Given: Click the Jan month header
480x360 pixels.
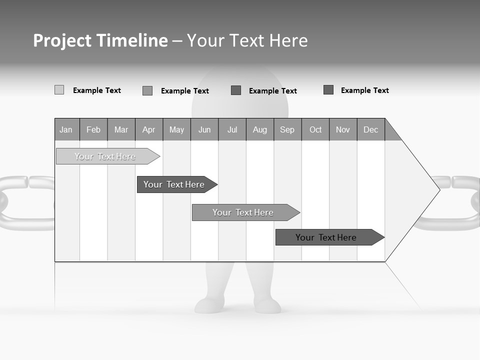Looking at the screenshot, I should tap(66, 129).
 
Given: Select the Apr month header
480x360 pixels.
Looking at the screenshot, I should tap(149, 129).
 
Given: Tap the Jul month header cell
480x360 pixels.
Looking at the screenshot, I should tap(232, 129).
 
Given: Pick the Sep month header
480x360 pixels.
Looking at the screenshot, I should tap(287, 129).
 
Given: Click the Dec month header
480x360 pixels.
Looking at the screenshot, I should tap(370, 129).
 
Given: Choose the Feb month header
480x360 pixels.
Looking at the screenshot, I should tap(93, 129).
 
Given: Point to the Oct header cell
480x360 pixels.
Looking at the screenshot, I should tap(315, 129).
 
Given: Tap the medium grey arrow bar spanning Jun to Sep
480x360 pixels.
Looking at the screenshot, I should tap(243, 212).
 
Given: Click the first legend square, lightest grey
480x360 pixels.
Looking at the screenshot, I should tap(59, 90).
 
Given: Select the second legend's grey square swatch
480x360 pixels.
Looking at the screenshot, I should tap(147, 90).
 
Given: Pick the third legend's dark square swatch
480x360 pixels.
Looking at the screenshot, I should tap(236, 90).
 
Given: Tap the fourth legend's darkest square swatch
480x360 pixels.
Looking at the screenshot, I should tap(328, 90).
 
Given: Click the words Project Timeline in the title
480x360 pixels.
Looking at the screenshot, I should tap(100, 40).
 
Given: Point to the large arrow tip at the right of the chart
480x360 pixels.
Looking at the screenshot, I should tap(425, 189).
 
